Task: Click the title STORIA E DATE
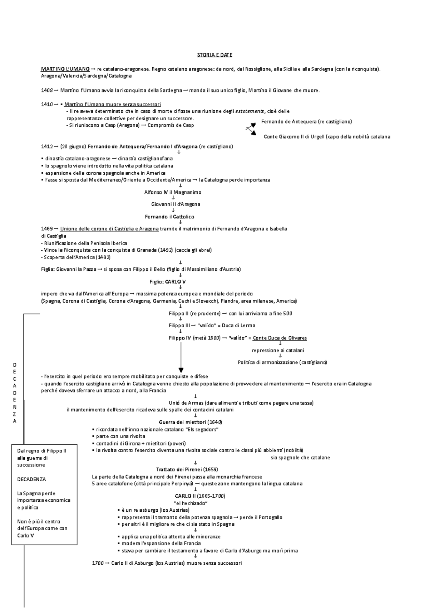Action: (x=214, y=55)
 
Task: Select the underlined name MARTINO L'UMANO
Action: (x=60, y=69)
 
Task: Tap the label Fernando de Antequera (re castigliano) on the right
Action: (x=306, y=122)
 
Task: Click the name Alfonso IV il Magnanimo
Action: (x=173, y=192)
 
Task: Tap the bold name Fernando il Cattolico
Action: (x=169, y=217)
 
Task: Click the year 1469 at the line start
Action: (x=47, y=229)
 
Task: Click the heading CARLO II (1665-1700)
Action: (x=200, y=496)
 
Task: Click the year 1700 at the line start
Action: (x=98, y=563)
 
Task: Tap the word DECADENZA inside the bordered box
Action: (x=31, y=479)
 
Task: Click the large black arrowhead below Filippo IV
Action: (x=181, y=370)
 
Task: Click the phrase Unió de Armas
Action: (x=186, y=403)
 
